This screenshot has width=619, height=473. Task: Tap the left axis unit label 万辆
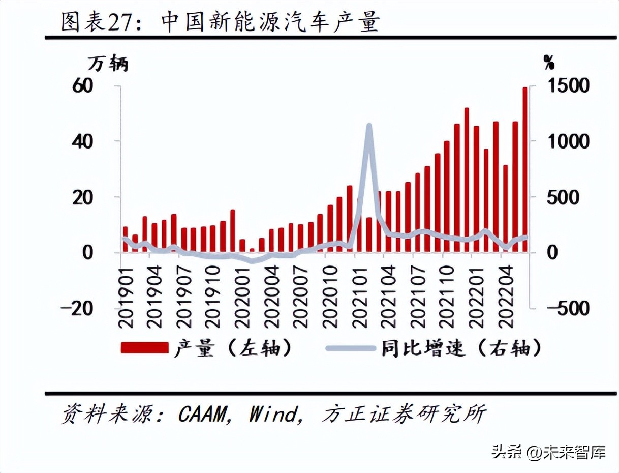click(x=108, y=64)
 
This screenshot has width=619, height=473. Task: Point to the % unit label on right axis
click(x=549, y=63)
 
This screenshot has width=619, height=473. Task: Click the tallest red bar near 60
click(x=525, y=168)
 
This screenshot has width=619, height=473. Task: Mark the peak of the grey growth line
click(x=369, y=125)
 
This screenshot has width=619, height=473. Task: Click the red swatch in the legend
click(x=144, y=348)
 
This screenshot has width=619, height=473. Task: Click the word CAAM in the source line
click(x=201, y=415)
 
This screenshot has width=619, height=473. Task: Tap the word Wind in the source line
click(x=272, y=415)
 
